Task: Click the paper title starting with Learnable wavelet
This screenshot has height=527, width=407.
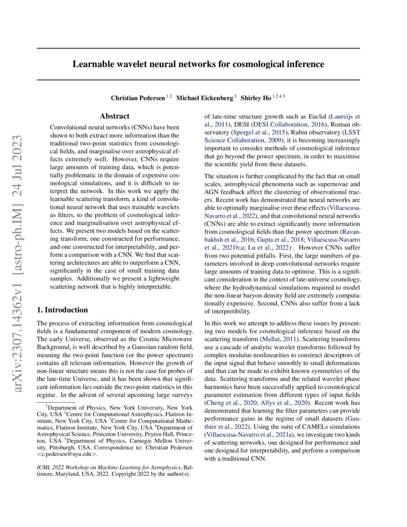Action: click(x=198, y=64)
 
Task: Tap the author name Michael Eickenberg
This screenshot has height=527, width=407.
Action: click(x=203, y=98)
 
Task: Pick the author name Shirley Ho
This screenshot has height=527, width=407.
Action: click(x=256, y=98)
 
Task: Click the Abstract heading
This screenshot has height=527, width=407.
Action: click(x=114, y=116)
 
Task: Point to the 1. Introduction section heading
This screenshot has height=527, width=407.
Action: click(x=62, y=310)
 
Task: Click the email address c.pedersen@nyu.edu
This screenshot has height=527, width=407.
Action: click(x=70, y=454)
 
